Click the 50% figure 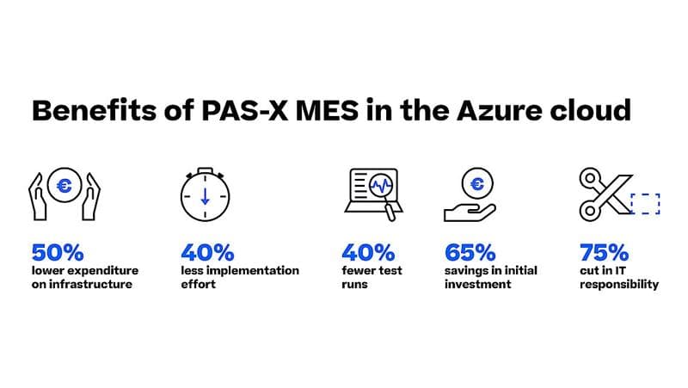(x=58, y=253)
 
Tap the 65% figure (x=470, y=253)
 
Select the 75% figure (x=604, y=253)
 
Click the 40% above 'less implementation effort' (x=207, y=253)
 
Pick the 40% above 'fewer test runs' (x=368, y=253)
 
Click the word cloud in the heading (x=598, y=111)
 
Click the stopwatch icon (x=206, y=197)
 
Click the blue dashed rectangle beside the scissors (x=645, y=204)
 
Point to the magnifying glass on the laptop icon (x=382, y=189)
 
